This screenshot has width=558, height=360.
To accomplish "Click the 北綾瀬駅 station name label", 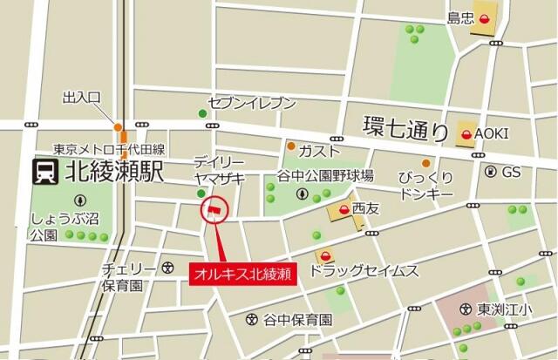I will [114, 172].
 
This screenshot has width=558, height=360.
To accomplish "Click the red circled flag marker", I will [213, 209].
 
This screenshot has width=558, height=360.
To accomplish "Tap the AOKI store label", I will [491, 133].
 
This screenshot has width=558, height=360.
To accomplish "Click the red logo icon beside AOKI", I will [466, 134].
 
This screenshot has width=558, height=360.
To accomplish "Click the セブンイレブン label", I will [252, 103].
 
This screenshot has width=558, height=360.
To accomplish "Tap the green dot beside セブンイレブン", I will [202, 113].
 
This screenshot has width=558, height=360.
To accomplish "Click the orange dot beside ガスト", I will [291, 146].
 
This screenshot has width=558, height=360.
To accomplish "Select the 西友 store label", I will [366, 209].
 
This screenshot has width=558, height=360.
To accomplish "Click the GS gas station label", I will [510, 173].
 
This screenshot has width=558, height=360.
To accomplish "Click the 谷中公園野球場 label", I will [326, 175].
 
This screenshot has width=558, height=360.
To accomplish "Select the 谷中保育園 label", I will [298, 320].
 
